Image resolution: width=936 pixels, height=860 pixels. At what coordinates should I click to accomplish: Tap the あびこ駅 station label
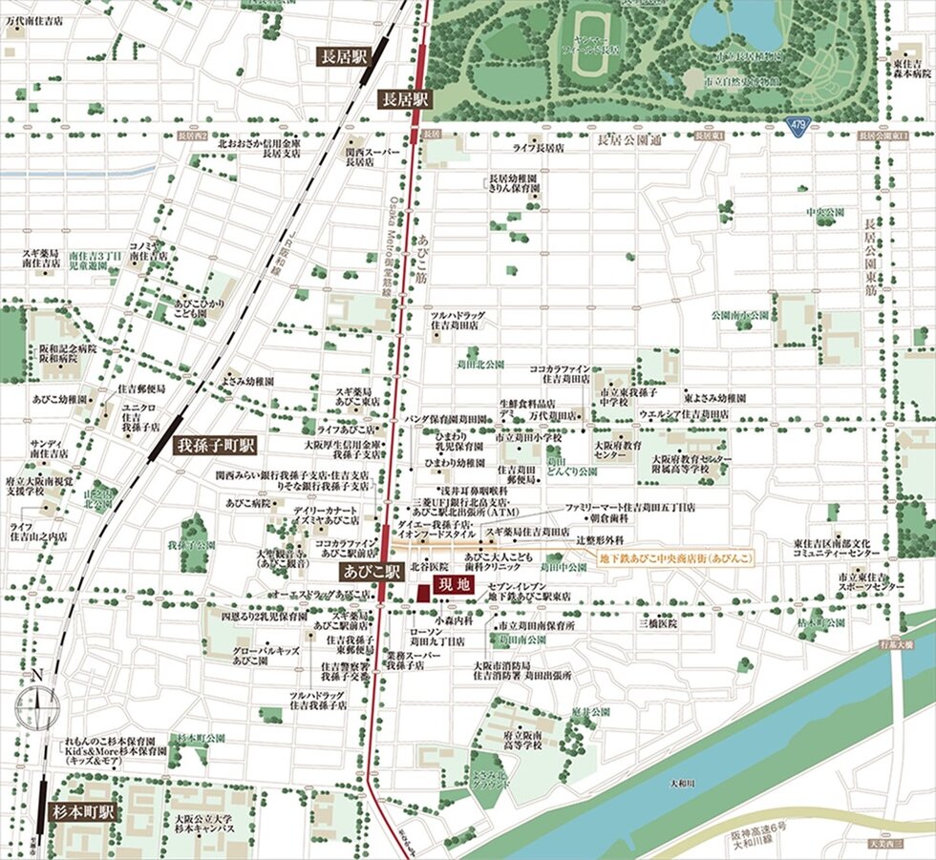pyautogui.click(x=368, y=573)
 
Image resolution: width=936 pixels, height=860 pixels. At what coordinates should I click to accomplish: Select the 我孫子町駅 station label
pyautogui.click(x=217, y=446)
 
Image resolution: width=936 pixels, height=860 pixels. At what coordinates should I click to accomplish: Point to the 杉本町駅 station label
pyautogui.click(x=82, y=812)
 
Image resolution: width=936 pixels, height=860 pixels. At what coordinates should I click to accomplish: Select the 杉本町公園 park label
pyautogui.click(x=195, y=738)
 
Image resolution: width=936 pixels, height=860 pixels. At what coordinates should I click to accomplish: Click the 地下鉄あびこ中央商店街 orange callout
pyautogui.click(x=675, y=556)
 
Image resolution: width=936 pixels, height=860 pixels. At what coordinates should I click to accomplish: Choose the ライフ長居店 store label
pyautogui.click(x=539, y=149)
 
